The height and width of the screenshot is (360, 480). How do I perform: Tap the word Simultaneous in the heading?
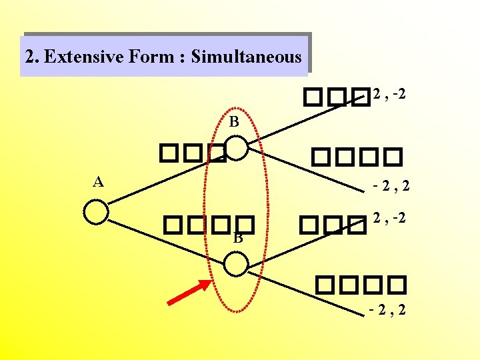(246, 57)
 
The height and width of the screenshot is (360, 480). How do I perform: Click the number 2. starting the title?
(31, 57)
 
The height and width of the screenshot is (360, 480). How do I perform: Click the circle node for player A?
(97, 212)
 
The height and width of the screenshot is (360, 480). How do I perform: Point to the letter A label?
(98, 181)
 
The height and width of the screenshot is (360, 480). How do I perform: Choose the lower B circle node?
(235, 264)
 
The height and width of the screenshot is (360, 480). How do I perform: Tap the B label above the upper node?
(233, 122)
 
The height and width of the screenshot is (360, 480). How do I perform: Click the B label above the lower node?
(237, 237)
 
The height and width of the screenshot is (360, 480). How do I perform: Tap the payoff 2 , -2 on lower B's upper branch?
(390, 217)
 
